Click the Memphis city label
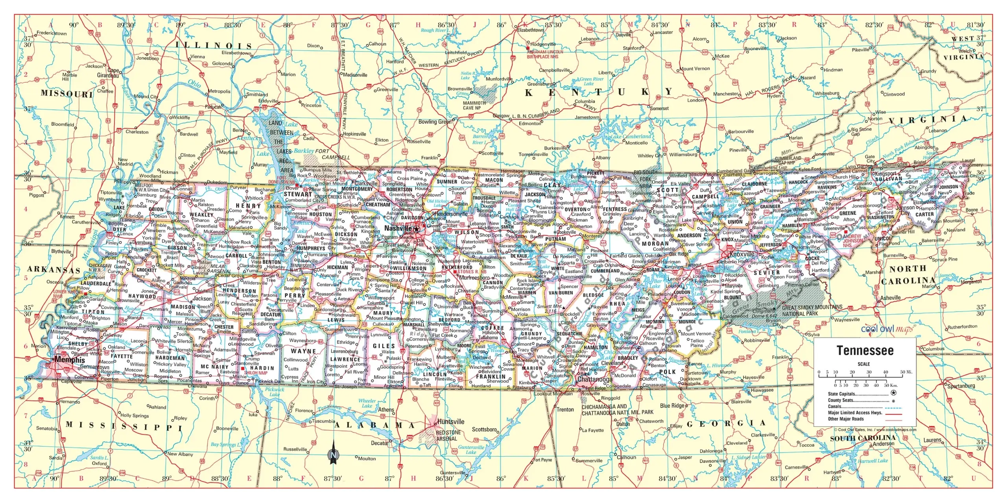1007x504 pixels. (x=70, y=359)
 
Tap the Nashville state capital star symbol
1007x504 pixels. (x=417, y=229)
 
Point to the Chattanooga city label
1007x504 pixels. (x=595, y=379)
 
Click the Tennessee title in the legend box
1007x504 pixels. (x=865, y=350)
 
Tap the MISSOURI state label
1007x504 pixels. (x=66, y=93)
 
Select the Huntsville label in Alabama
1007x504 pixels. (x=450, y=422)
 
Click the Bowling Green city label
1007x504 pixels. (x=435, y=122)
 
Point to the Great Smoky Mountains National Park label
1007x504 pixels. (x=812, y=310)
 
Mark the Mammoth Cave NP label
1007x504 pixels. (x=474, y=105)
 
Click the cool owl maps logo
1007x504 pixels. (x=887, y=329)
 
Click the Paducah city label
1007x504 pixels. (x=213, y=107)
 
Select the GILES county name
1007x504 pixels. (x=384, y=346)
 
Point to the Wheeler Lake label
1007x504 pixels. (x=367, y=403)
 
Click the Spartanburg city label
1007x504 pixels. (x=961, y=386)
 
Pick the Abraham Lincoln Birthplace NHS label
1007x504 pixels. (x=545, y=54)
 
